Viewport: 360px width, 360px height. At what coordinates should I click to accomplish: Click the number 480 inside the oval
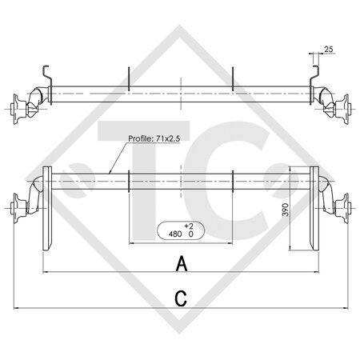[x=175, y=235]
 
